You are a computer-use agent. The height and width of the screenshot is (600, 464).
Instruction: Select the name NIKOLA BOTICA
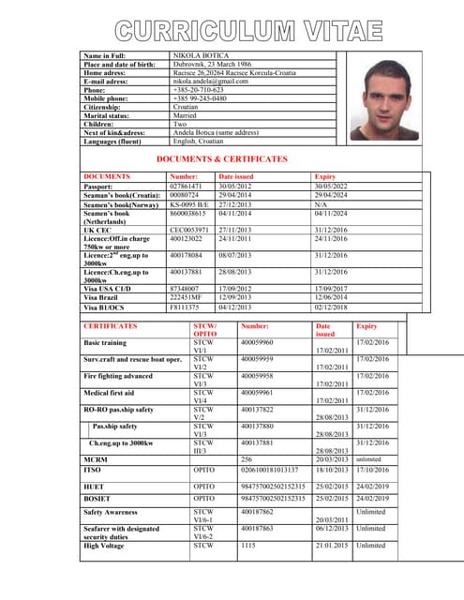pyautogui.click(x=199, y=56)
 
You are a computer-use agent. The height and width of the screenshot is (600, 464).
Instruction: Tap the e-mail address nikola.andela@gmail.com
pyautogui.click(x=211, y=82)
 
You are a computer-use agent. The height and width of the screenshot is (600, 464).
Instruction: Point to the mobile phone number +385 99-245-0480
pyautogui.click(x=201, y=98)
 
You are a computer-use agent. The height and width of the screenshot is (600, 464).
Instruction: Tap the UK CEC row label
pyautogui.click(x=97, y=229)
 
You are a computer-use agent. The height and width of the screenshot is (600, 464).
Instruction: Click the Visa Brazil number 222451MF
pyautogui.click(x=186, y=296)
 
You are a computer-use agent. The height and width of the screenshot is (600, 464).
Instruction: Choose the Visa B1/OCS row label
pyautogui.click(x=104, y=307)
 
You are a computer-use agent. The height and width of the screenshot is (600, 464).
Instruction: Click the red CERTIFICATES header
pyautogui.click(x=111, y=326)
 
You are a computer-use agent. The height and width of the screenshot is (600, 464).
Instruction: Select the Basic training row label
pyautogui.click(x=105, y=343)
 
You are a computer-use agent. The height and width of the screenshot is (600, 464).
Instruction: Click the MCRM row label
pyautogui.click(x=95, y=458)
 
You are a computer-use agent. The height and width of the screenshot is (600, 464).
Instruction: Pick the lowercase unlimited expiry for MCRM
pyautogui.click(x=368, y=458)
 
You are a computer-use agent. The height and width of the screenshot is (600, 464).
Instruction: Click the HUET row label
pyautogui.click(x=94, y=487)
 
